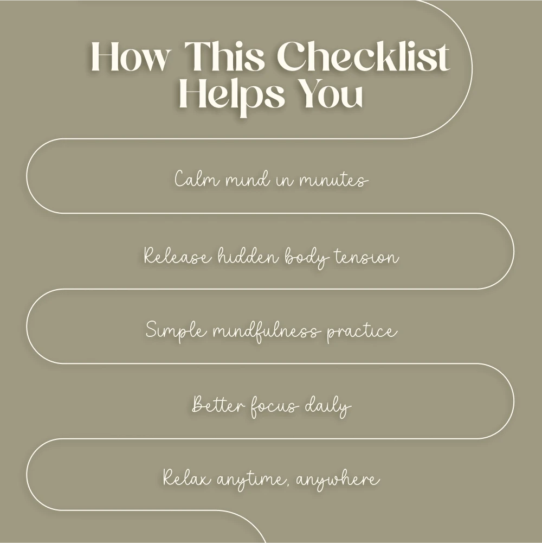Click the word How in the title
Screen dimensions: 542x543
click(131, 56)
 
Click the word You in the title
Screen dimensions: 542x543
click(331, 93)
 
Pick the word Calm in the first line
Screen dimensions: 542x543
click(197, 178)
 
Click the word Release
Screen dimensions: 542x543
click(177, 256)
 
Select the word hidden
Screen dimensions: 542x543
click(248, 256)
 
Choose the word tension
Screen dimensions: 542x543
click(366, 257)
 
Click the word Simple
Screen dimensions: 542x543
click(176, 331)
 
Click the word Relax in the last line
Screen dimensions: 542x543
click(187, 477)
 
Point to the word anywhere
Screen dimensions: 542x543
click(338, 480)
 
